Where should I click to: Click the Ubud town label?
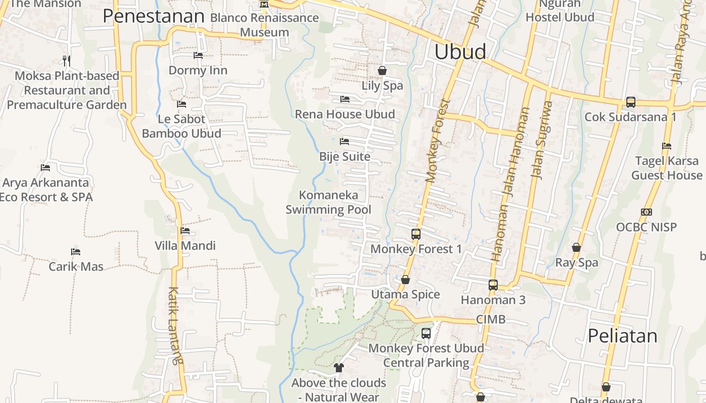click(x=460, y=52)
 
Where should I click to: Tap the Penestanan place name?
click(x=153, y=16)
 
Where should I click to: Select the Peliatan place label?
click(x=623, y=336)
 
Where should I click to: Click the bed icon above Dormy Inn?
click(x=198, y=55)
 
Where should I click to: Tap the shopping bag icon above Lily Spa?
click(x=382, y=71)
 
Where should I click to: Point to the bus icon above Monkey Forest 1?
click(x=416, y=234)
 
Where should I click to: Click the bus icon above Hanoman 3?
click(x=493, y=285)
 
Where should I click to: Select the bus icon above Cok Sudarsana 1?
click(x=630, y=102)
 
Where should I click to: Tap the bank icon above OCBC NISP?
click(x=646, y=212)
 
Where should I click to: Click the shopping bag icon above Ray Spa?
click(x=576, y=247)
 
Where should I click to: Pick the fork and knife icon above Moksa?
click(x=67, y=61)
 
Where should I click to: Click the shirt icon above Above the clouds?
click(x=338, y=368)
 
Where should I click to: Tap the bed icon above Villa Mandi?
click(x=185, y=231)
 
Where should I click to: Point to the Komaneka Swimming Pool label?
click(x=328, y=202)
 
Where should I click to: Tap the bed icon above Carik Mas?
click(x=76, y=251)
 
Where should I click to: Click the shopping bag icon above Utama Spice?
click(x=405, y=280)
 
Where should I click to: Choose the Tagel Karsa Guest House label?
click(x=667, y=168)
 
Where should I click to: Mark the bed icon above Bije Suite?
click(x=344, y=142)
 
